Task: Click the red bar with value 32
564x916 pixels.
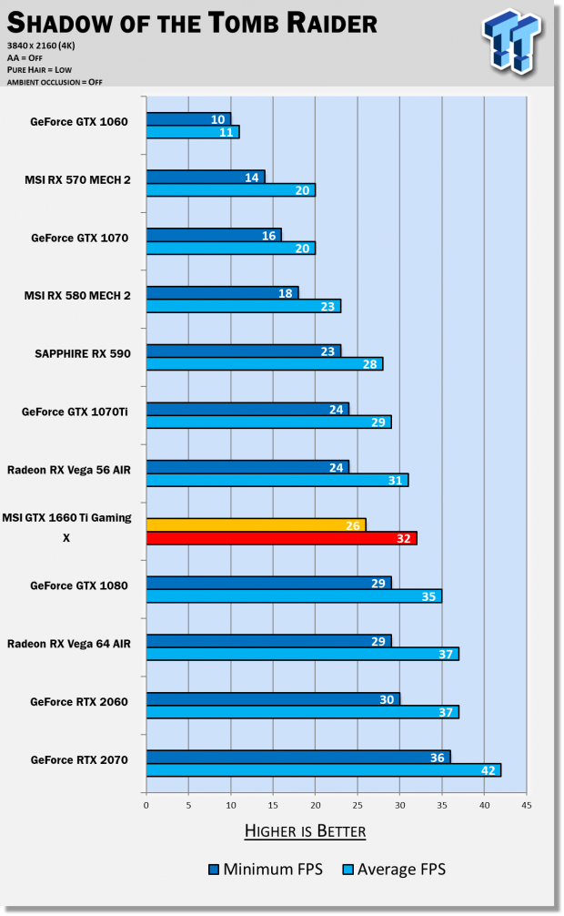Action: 281,537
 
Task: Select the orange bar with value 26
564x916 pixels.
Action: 256,524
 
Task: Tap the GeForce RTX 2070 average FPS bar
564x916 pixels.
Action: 323,769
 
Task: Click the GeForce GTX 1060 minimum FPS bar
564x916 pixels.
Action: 188,119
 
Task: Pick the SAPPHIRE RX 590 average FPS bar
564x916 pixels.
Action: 264,364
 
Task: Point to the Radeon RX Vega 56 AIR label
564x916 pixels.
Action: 69,470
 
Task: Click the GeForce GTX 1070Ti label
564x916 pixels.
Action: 75,412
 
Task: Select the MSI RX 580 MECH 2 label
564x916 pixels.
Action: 77,295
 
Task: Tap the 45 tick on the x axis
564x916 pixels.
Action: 526,804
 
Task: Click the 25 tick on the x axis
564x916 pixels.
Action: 358,804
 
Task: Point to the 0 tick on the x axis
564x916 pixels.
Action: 146,804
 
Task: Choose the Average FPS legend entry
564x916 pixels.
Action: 393,870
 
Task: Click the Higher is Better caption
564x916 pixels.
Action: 305,830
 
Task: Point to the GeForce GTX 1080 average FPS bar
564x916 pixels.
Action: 294,596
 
